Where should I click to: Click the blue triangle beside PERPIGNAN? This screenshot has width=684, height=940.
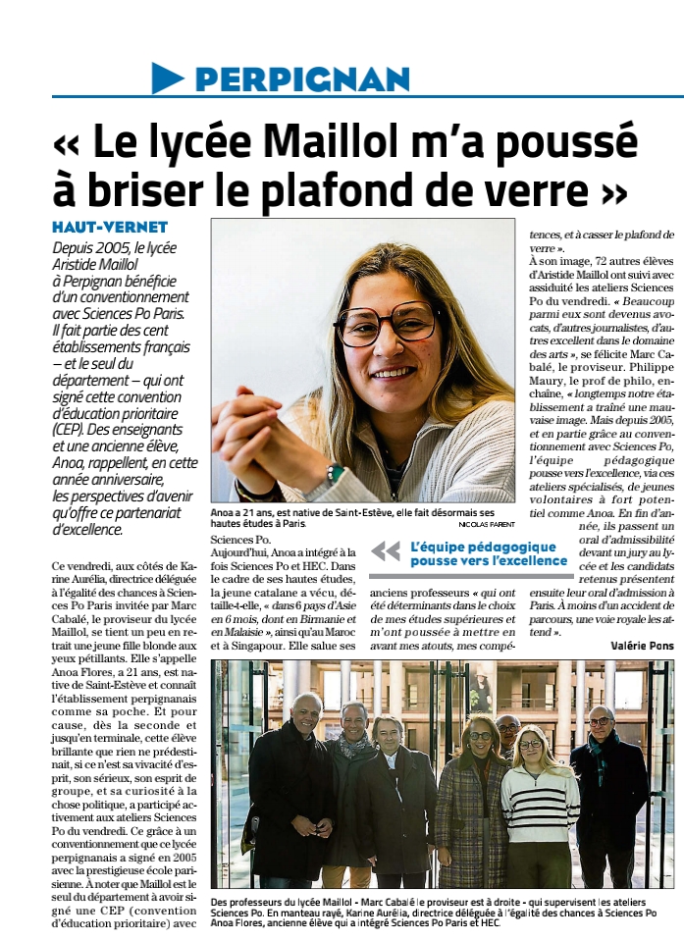168,78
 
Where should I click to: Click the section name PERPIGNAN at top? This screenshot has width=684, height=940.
302,78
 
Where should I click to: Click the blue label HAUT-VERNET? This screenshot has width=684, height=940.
110,228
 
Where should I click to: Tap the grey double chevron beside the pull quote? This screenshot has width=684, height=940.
386,551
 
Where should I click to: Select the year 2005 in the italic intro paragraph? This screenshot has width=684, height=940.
113,248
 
